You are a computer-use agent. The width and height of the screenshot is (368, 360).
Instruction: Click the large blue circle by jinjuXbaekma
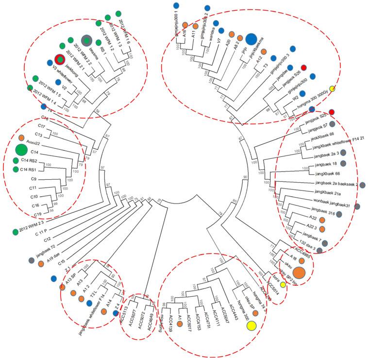[251, 39]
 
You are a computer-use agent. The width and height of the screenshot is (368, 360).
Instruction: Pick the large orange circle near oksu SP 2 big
[299, 274]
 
